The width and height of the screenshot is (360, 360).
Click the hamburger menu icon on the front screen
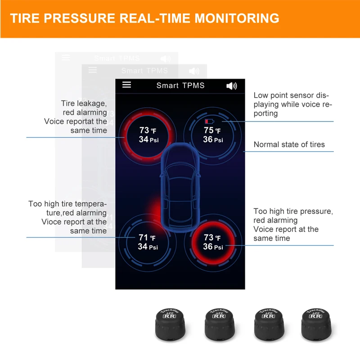coord(127,85)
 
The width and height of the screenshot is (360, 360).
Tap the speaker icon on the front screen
coord(231,85)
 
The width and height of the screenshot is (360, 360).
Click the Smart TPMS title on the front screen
coord(180,85)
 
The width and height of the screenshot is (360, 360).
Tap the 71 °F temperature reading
coord(147,238)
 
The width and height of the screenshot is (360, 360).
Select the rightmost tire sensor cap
coord(317,323)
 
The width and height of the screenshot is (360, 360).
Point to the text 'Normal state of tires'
coord(289,144)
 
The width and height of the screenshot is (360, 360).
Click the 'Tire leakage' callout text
coord(84,103)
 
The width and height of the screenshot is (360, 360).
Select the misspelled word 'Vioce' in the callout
coord(51,222)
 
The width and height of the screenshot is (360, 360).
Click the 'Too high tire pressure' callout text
coord(293,211)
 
